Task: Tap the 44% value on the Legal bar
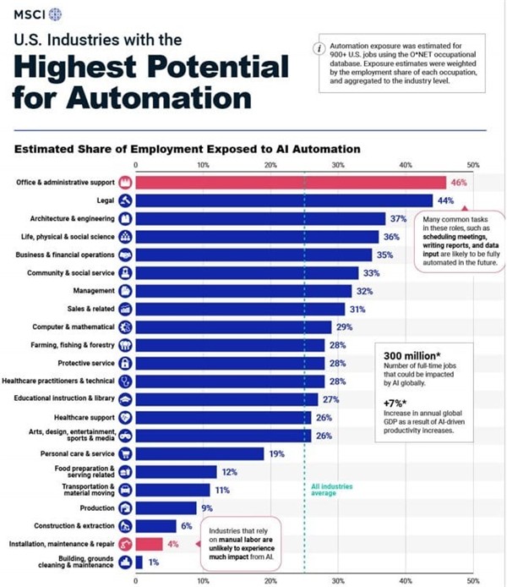[445, 200]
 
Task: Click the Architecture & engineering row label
[66, 218]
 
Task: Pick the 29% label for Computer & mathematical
[344, 326]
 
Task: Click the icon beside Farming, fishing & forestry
[125, 344]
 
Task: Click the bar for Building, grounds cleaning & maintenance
[139, 562]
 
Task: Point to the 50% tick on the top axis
[472, 165]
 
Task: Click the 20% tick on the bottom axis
[270, 580]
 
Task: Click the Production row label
[97, 507]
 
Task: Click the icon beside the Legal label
[125, 200]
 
